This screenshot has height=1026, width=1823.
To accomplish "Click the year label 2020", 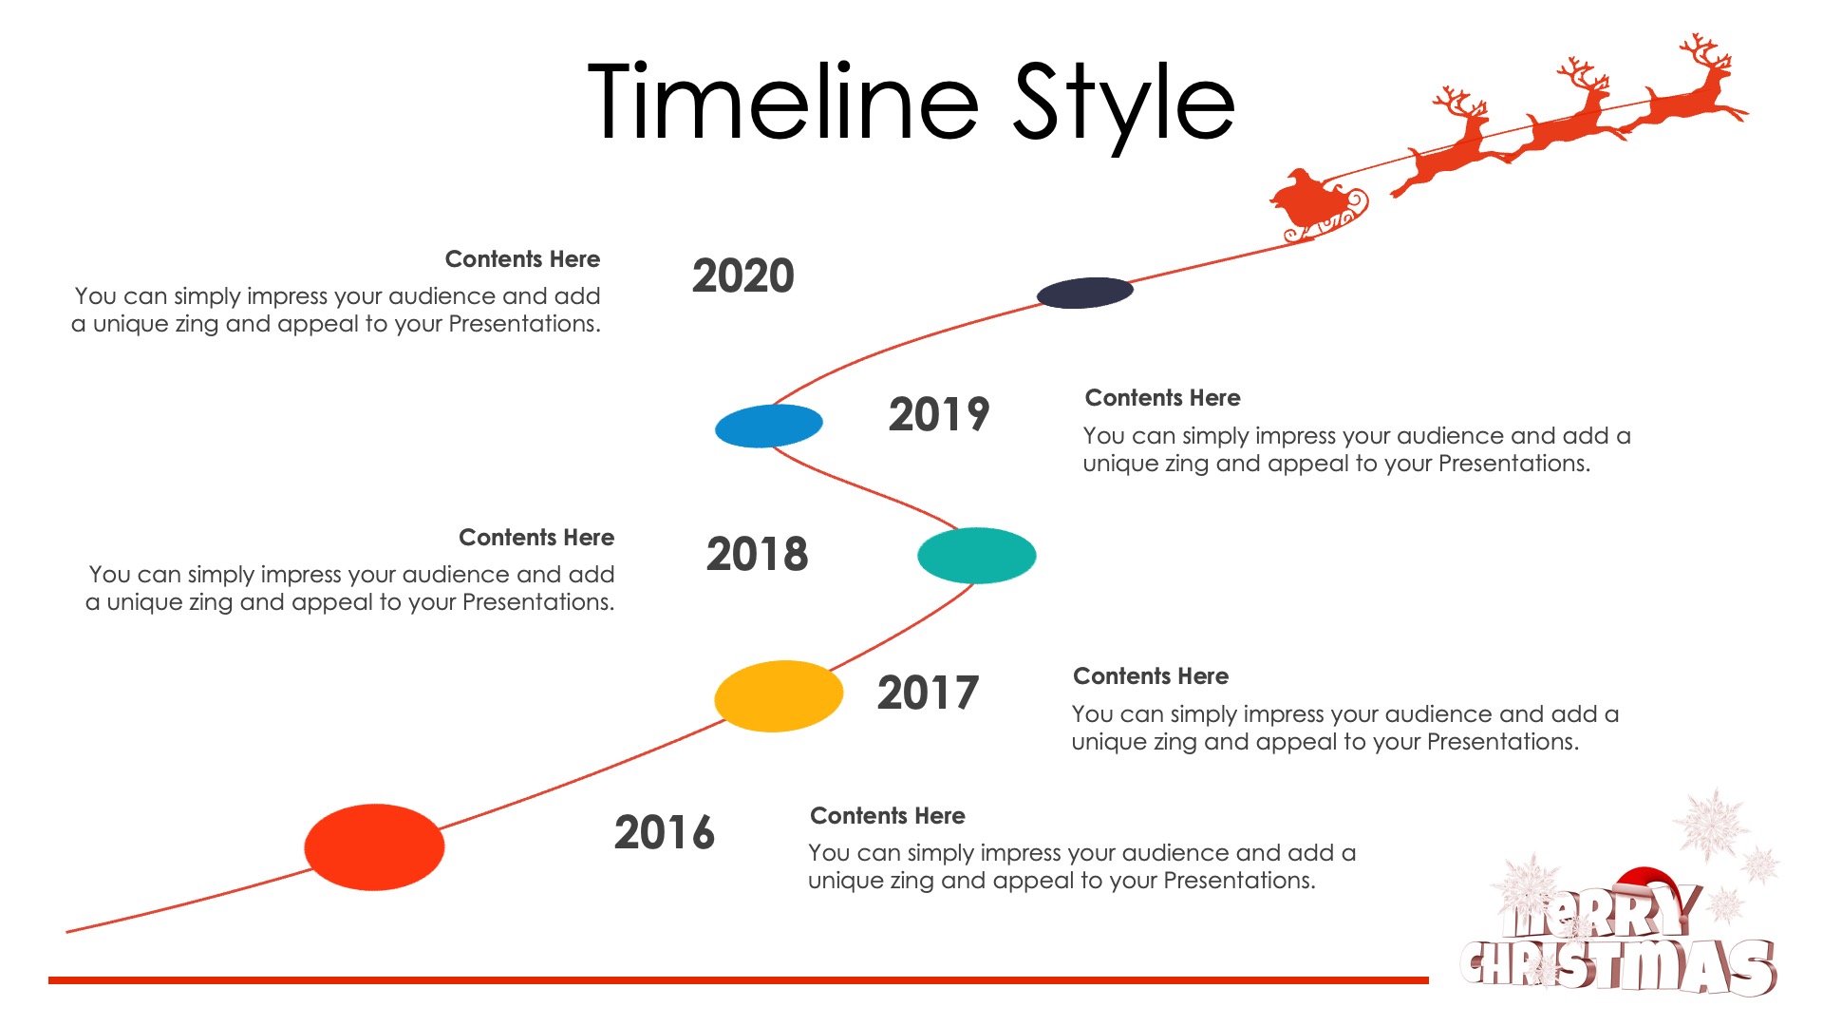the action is pos(743,276).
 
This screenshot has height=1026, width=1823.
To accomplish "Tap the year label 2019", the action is pos(939,415).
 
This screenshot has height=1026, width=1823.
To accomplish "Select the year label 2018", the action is pos(757,555).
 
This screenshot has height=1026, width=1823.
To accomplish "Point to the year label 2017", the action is pos(928,693).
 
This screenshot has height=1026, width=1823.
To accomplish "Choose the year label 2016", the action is pos(665,833).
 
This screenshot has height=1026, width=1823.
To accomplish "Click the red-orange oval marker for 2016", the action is pos(374,847).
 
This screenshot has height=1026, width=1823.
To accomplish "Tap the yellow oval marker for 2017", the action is pos(779,696).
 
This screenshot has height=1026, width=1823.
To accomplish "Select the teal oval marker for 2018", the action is pos(977,556).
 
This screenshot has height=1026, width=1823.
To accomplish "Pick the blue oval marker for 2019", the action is pos(769,426).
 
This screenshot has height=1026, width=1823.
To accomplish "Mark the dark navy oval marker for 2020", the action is pos(1085,293).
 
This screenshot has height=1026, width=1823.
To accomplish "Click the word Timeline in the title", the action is pos(783,102).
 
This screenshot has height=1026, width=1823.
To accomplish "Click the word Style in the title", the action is pos(1124,106).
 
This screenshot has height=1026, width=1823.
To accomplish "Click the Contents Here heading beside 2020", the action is pos(522,259).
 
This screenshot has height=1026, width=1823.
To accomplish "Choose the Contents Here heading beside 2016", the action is pos(888,816).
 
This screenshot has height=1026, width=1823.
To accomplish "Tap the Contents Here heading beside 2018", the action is pos(536,538).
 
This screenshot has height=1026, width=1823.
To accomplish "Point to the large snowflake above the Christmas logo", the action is pos(1712,823).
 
